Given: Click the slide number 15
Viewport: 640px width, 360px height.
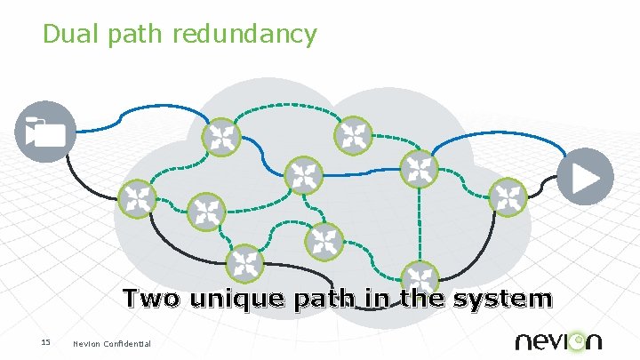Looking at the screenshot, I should pos(45,343).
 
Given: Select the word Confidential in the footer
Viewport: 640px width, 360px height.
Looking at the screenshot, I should pos(128,344).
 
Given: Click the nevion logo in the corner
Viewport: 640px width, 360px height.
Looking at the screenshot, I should pos(557,340).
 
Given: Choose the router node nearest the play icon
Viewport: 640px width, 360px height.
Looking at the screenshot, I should pos(508,196).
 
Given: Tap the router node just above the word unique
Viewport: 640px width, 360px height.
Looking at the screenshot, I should pos(244,263).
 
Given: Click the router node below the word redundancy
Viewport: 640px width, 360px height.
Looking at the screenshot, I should pos(303,175).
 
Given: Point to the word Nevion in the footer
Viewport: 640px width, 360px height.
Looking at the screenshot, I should pos(87,344).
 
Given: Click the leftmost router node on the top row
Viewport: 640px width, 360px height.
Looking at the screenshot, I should pos(220,137).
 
